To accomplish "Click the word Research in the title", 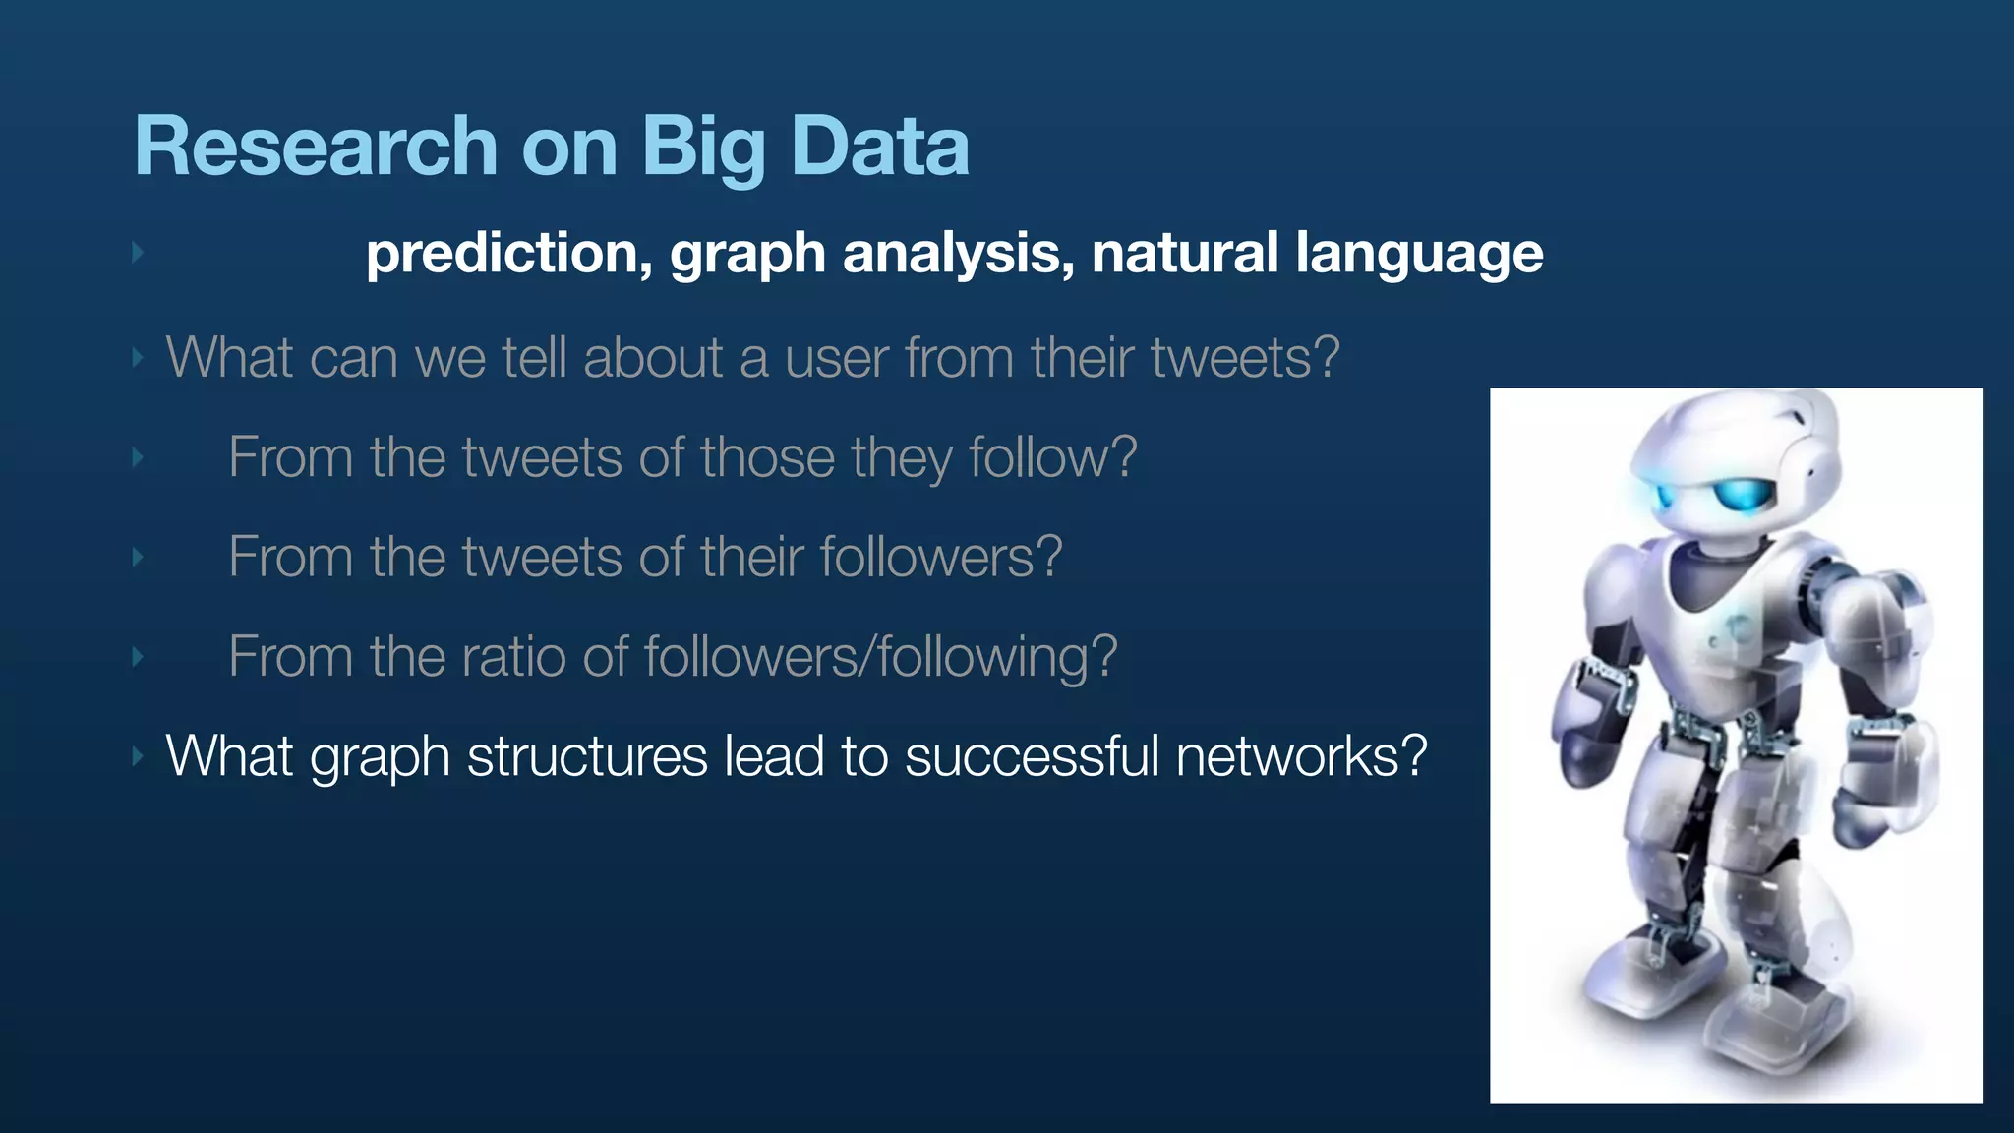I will pos(316,147).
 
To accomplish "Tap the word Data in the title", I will pos(879,147).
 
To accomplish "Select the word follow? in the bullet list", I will pos(1052,457).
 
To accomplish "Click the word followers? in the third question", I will pos(940,557).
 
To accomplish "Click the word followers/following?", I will pos(880,656).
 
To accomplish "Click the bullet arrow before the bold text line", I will pos(138,254).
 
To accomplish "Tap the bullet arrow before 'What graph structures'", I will pos(138,756).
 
